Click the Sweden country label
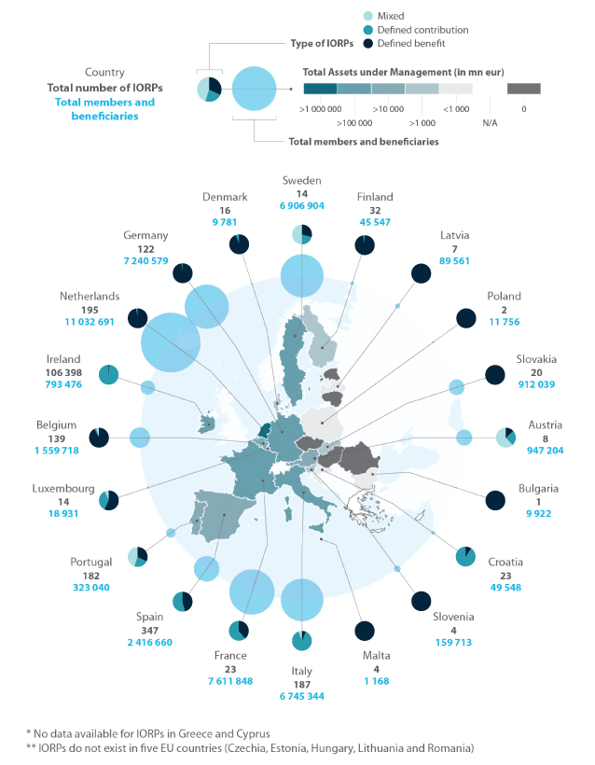302,180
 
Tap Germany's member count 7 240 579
145,261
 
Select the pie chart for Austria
505,438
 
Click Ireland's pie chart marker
108,374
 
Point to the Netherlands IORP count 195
90,310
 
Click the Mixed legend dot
368,16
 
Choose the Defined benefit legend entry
405,44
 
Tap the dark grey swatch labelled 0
524,89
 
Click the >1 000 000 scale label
320,109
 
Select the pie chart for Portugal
137,556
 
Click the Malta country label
377,655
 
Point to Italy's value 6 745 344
302,696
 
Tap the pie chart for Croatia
465,556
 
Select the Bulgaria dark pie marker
495,500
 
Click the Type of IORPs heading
322,44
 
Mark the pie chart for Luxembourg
108,500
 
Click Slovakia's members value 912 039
536,384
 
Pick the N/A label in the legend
490,123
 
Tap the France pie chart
239,631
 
